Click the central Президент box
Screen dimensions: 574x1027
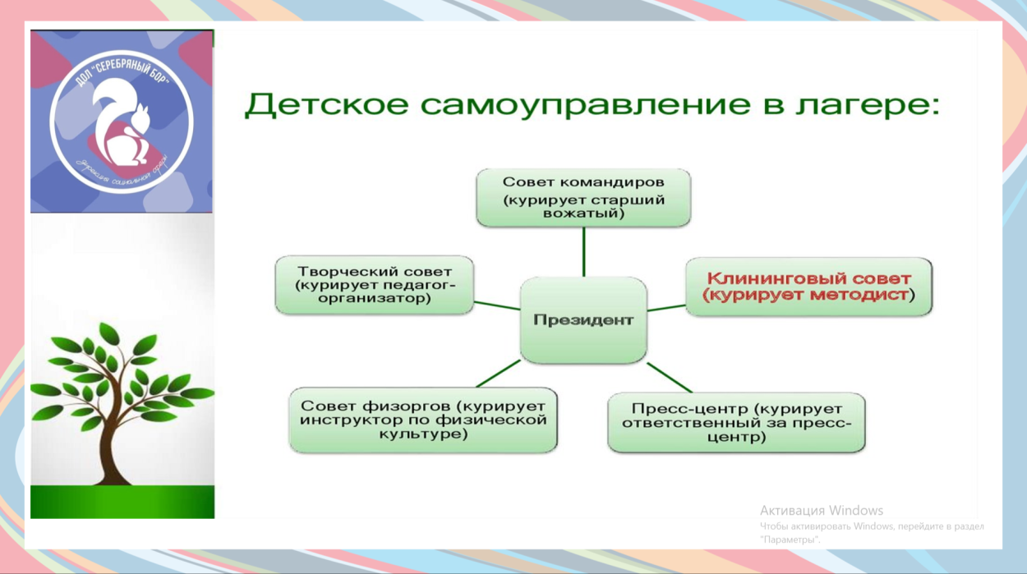click(583, 320)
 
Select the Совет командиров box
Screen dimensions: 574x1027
click(583, 198)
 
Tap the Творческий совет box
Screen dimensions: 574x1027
click(375, 285)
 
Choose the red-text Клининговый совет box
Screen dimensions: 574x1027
click(808, 287)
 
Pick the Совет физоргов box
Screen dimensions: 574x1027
click(423, 420)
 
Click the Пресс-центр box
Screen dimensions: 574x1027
click(736, 423)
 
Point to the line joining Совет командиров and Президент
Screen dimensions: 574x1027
click(583, 251)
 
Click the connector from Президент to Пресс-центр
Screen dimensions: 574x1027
click(670, 378)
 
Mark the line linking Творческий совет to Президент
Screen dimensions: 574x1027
click(497, 305)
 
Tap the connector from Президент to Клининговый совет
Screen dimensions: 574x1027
click(666, 308)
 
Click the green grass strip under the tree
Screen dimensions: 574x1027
click(122, 502)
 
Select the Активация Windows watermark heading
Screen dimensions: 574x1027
click(821, 510)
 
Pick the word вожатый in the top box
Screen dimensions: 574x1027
click(583, 213)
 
